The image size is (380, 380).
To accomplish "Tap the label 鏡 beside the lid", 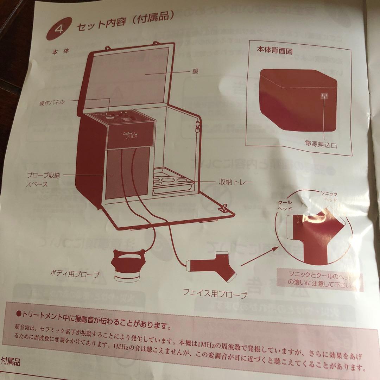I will (x=195, y=71).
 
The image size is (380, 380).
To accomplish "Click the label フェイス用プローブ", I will (x=215, y=293).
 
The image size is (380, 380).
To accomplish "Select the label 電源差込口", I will (x=321, y=144).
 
